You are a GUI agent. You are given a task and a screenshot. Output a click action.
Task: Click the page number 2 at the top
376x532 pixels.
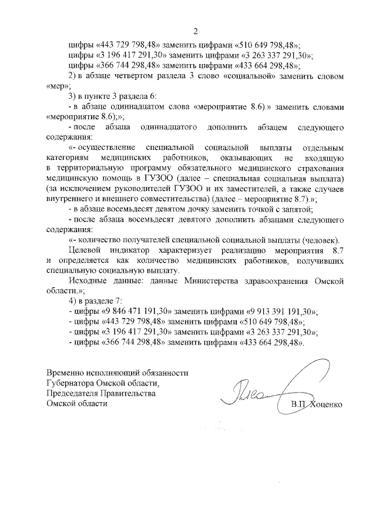[196, 31]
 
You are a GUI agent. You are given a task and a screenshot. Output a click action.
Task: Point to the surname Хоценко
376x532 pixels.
[321, 405]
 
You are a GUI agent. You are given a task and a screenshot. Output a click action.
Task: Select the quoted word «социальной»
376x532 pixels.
[261, 77]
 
